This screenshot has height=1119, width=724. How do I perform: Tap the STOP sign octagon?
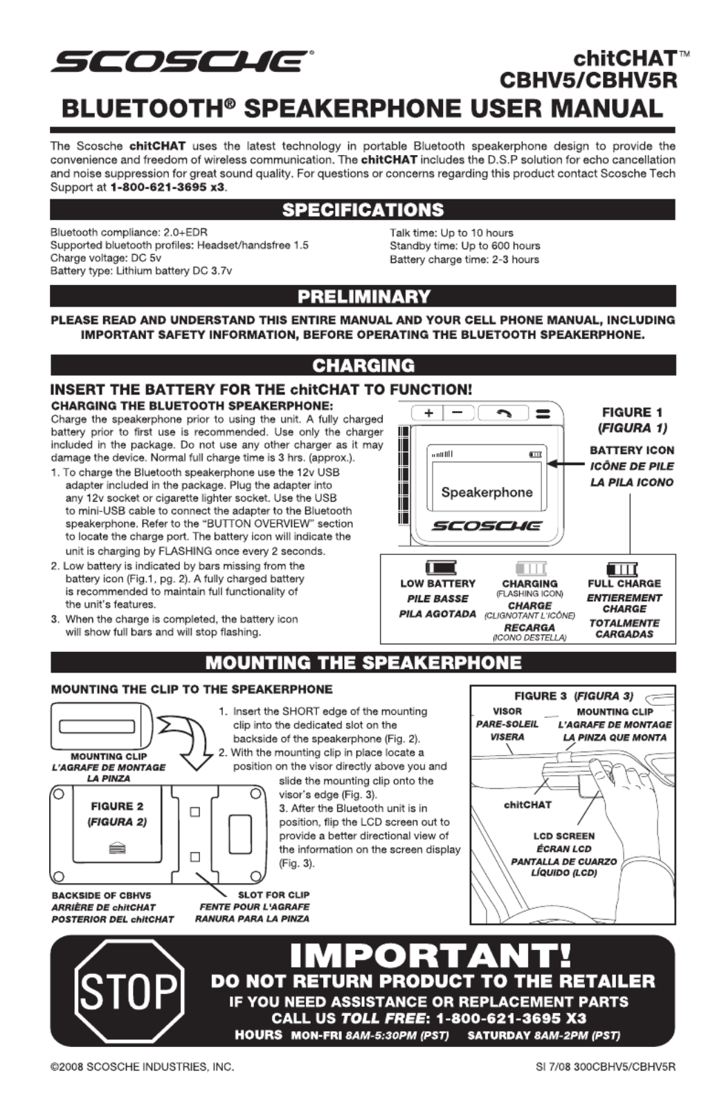pyautogui.click(x=129, y=990)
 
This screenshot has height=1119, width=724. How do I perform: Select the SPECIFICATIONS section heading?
pyautogui.click(x=363, y=210)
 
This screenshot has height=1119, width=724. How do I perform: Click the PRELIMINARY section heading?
pyautogui.click(x=363, y=297)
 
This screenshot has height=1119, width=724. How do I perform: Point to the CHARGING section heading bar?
pyautogui.click(x=363, y=365)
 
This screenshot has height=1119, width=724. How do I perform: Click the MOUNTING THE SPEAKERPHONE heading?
pyautogui.click(x=363, y=662)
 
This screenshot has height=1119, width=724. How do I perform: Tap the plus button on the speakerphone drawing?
pyautogui.click(x=429, y=413)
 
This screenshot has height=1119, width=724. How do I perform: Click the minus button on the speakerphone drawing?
pyautogui.click(x=458, y=413)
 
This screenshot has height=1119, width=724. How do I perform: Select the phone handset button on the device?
pyautogui.click(x=504, y=413)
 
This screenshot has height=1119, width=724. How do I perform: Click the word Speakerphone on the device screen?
pyautogui.click(x=487, y=493)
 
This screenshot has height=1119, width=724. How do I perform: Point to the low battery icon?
pyautogui.click(x=440, y=568)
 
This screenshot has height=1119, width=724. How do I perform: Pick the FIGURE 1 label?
pyautogui.click(x=631, y=412)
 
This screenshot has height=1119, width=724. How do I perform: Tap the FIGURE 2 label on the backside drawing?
pyautogui.click(x=117, y=806)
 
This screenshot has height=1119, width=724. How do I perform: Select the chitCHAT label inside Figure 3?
pyautogui.click(x=527, y=805)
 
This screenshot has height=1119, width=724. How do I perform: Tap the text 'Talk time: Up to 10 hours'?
pyautogui.click(x=451, y=233)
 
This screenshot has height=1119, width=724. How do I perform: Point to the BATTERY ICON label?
pyautogui.click(x=631, y=451)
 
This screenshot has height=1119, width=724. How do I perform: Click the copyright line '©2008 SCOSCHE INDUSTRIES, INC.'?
pyautogui.click(x=142, y=1066)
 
